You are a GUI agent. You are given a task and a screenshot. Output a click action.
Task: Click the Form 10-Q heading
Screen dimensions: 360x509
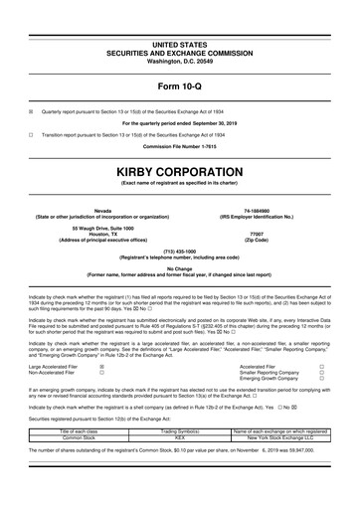[179, 83]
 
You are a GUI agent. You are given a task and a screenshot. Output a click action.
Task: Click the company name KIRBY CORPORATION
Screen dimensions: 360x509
[179, 173]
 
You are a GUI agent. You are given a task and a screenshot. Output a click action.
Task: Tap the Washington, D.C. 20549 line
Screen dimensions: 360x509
[179, 61]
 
